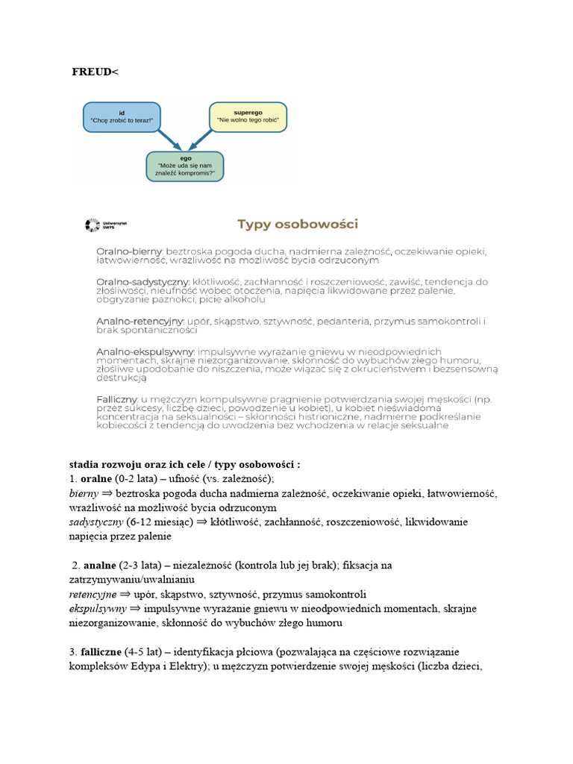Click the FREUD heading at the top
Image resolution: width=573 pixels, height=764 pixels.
click(95, 72)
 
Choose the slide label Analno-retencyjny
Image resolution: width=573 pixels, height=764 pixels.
click(140, 321)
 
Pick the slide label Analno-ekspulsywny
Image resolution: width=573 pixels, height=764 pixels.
click(145, 351)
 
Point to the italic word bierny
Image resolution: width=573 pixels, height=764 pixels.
click(84, 494)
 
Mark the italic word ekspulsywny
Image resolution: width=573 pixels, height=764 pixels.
click(99, 609)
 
